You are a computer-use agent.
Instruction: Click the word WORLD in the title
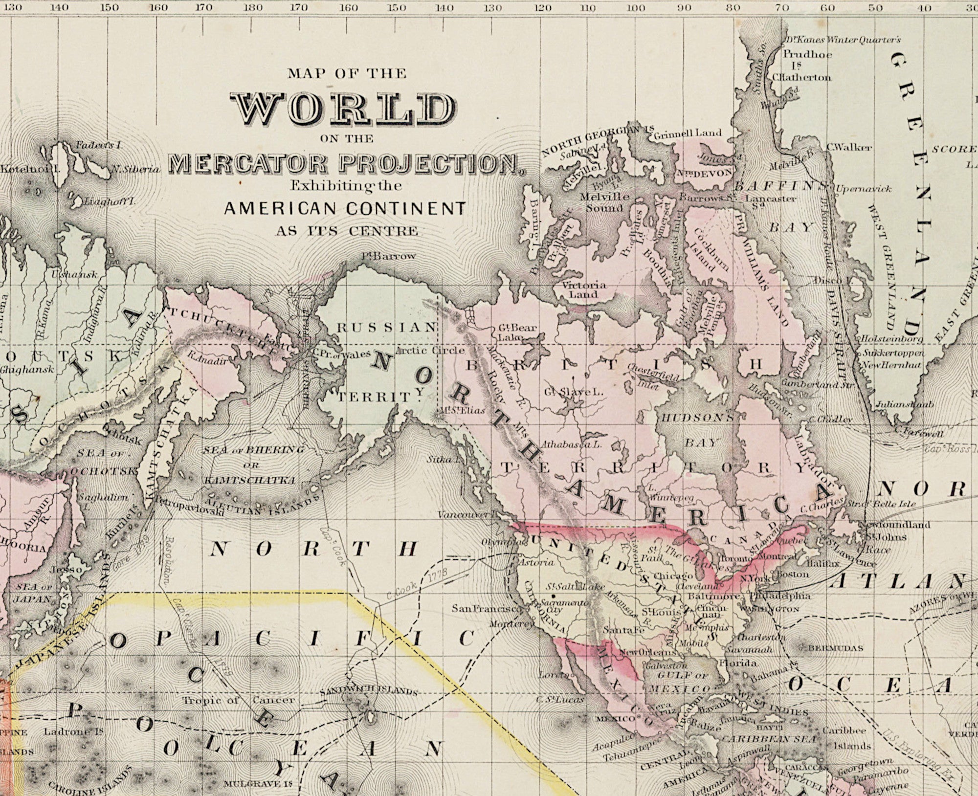(344, 109)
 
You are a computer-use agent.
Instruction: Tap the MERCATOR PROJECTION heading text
(343, 165)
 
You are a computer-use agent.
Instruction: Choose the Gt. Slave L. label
(573, 392)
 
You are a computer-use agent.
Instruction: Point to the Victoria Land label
(584, 289)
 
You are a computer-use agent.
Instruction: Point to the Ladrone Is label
(73, 732)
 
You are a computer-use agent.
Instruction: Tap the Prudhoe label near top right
(807, 54)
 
